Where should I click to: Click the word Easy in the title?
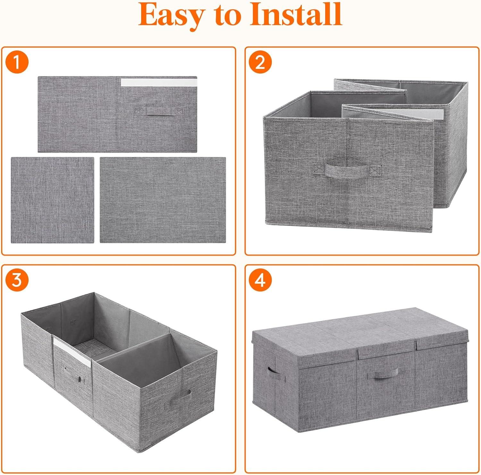coord(170,15)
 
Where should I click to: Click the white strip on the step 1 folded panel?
coord(158,82)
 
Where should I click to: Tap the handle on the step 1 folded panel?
coord(158,111)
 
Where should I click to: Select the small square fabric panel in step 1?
coord(53,200)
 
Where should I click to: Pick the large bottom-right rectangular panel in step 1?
coord(163,200)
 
